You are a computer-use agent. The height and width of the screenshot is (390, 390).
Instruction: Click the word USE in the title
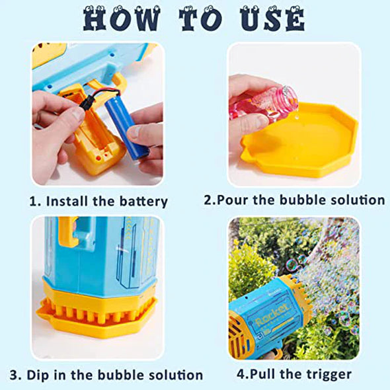click(270, 20)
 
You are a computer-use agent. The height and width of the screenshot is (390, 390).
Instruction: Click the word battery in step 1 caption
click(139, 201)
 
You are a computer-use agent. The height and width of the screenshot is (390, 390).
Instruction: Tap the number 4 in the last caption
click(240, 374)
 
